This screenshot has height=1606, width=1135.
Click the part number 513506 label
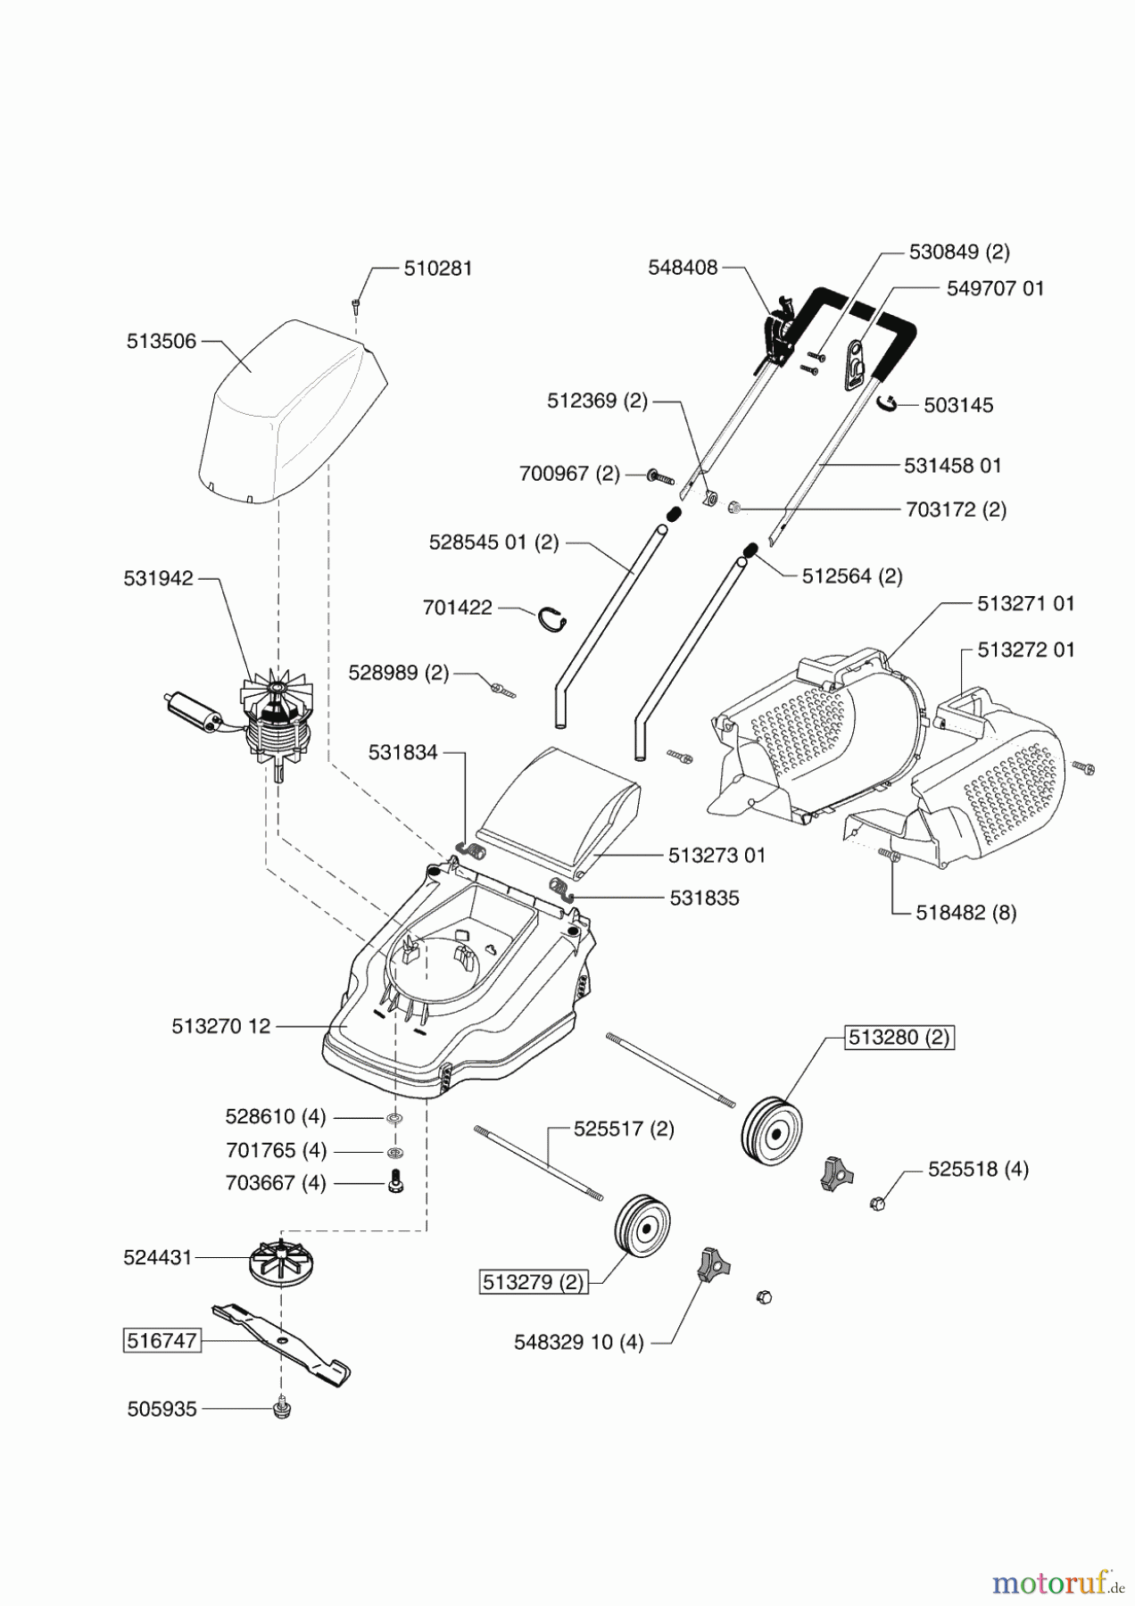(x=161, y=342)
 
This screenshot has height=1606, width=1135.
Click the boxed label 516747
(x=162, y=1340)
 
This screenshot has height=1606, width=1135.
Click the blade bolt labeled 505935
(x=282, y=1409)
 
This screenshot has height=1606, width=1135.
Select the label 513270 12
(x=220, y=1027)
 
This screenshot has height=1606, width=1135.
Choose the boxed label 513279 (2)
(x=533, y=1283)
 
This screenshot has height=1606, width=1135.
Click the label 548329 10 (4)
(x=578, y=1342)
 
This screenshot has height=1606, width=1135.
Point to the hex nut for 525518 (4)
(x=878, y=1204)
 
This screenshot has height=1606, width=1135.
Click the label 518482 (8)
(x=965, y=913)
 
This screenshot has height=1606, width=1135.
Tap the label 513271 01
(x=1025, y=603)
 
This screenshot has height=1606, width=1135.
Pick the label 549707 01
(x=994, y=288)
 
